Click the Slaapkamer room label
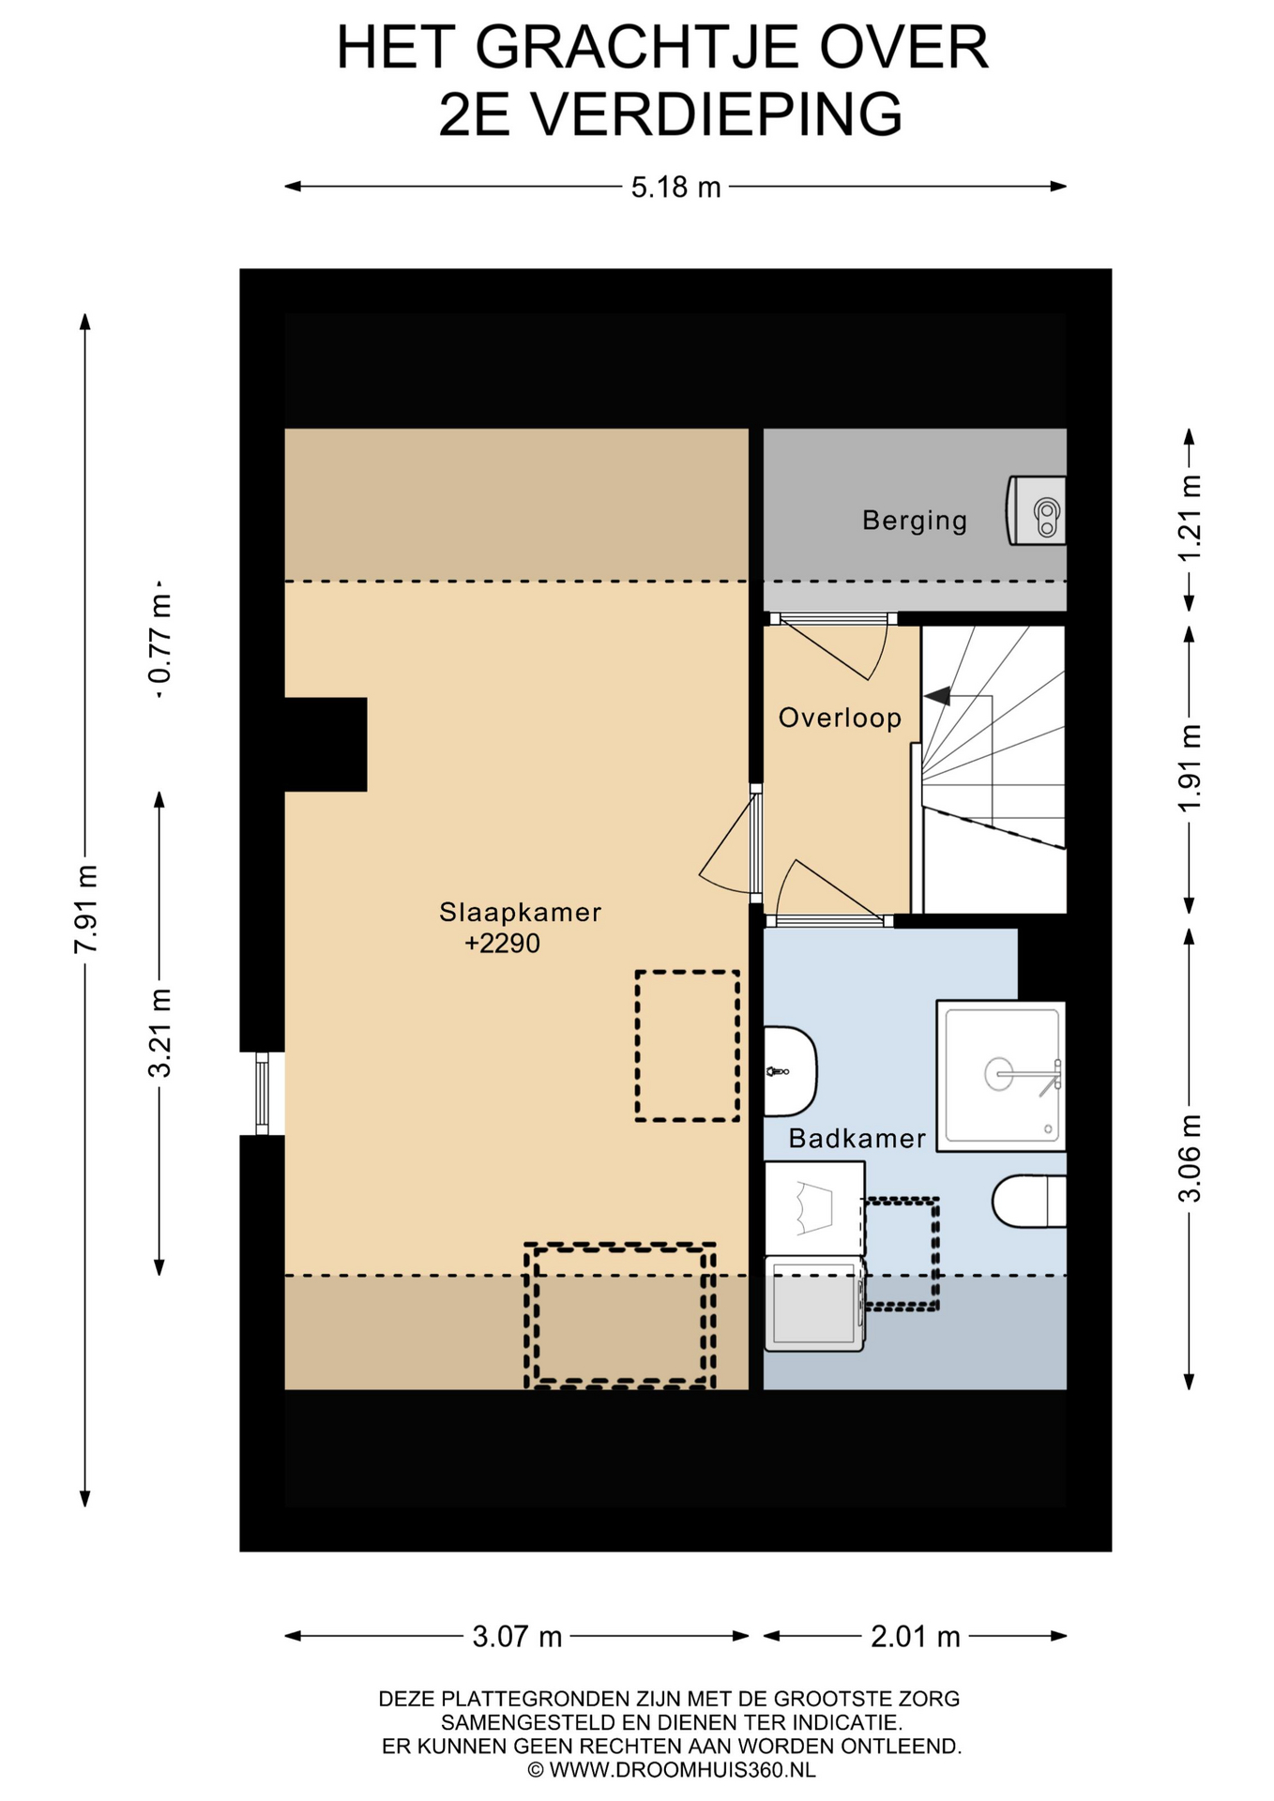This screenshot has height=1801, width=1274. (520, 912)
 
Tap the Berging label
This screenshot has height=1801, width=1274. (915, 520)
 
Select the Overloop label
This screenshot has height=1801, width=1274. (840, 718)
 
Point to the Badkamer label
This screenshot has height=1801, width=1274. (857, 1138)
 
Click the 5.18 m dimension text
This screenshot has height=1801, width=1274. (675, 188)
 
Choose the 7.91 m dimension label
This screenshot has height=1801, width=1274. (85, 909)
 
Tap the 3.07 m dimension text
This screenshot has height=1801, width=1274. (517, 1637)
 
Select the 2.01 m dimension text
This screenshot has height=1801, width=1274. (916, 1637)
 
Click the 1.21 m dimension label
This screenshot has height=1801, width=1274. (1190, 519)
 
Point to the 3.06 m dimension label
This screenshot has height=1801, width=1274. (1190, 1158)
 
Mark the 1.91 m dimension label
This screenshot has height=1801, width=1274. (1190, 769)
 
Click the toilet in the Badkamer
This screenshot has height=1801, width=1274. (1029, 1202)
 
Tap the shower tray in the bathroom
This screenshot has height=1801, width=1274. (1001, 1076)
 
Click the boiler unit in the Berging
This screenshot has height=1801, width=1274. (1036, 511)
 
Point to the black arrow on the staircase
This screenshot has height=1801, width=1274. (937, 696)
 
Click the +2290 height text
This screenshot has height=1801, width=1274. (503, 944)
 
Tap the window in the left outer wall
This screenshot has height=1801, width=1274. (262, 1094)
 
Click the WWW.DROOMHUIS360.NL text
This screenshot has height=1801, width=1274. (682, 1770)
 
